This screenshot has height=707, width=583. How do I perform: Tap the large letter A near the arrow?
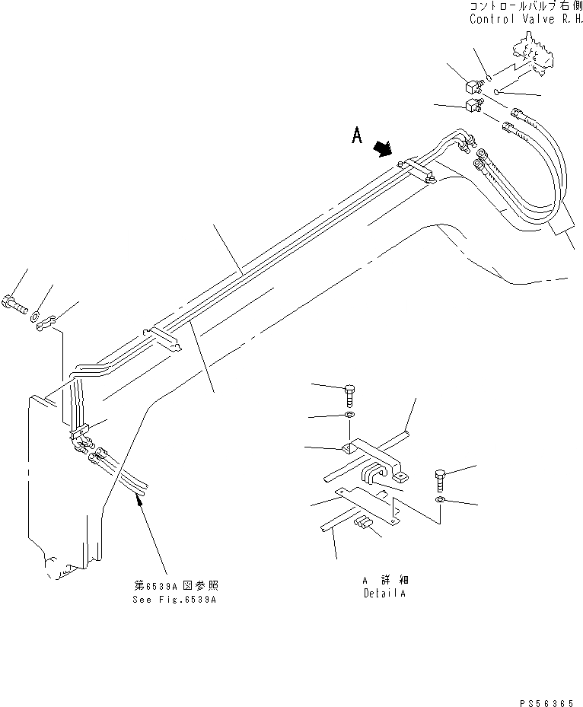pyautogui.click(x=356, y=136)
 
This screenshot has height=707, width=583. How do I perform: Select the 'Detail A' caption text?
pyautogui.click(x=384, y=592)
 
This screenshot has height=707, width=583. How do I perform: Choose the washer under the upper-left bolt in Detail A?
pyautogui.click(x=349, y=416)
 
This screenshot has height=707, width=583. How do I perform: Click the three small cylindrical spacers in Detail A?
pyautogui.click(x=365, y=522)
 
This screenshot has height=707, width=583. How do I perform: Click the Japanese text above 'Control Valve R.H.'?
pyautogui.click(x=524, y=7)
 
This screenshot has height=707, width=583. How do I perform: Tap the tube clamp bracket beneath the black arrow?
pyautogui.click(x=417, y=171)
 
